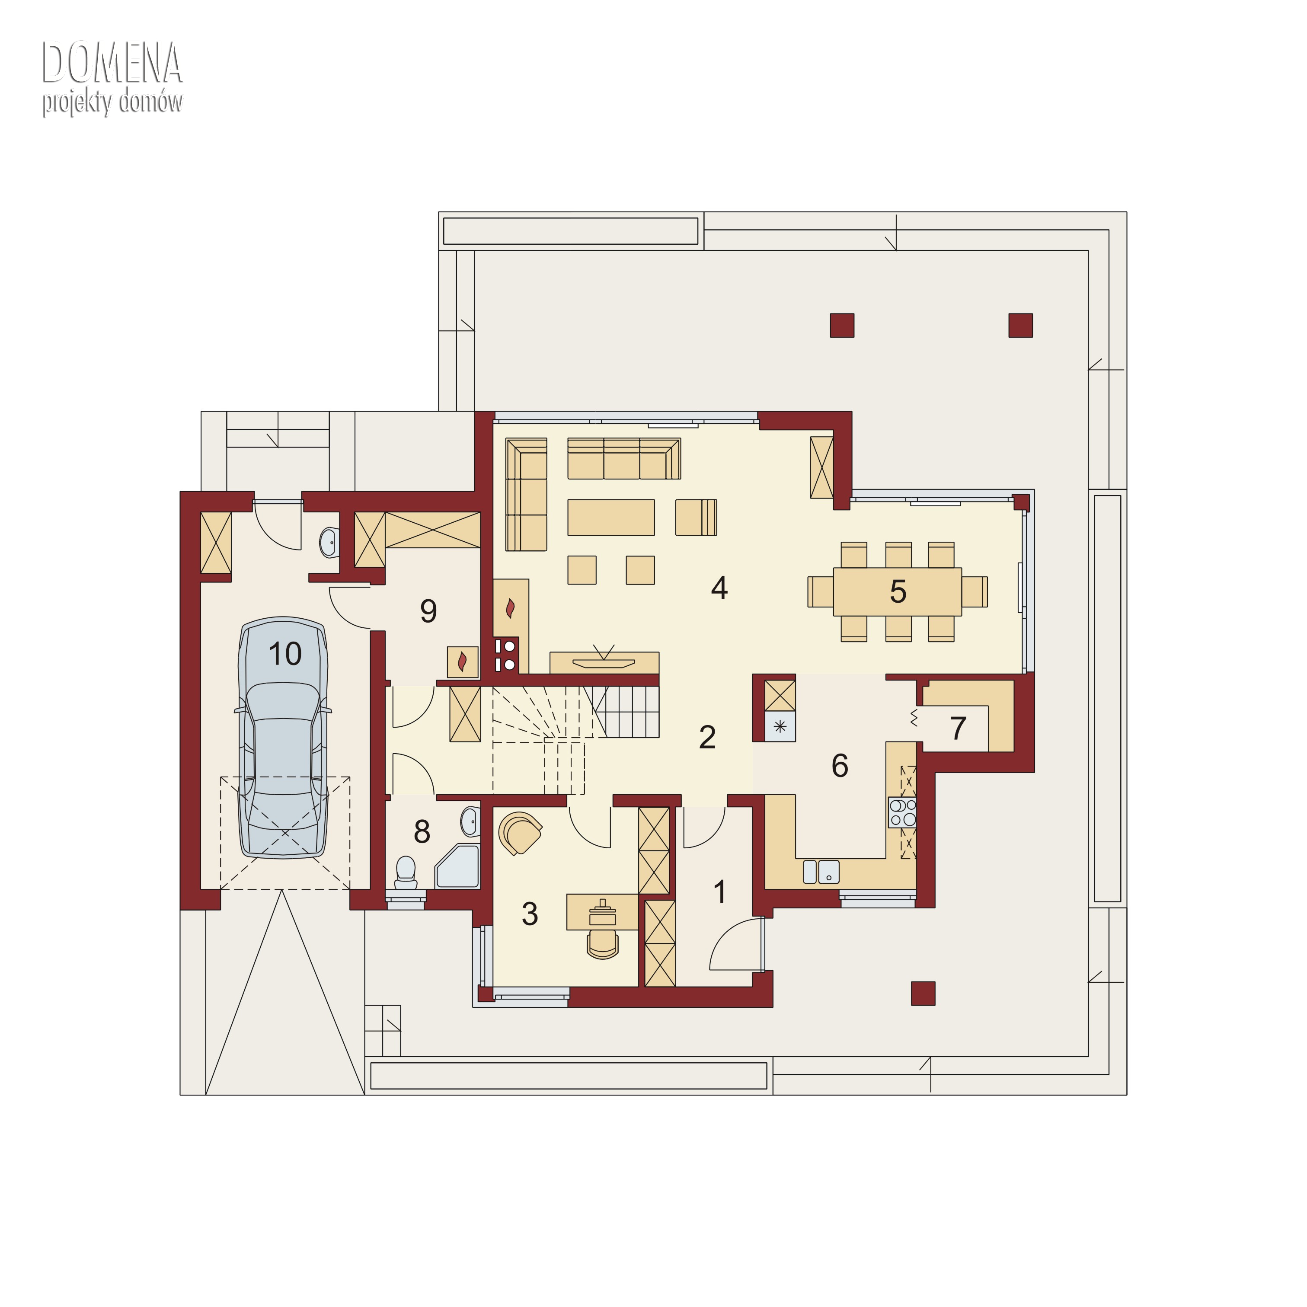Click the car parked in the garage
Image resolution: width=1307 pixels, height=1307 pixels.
(x=284, y=738)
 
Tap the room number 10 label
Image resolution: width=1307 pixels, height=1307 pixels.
(x=285, y=654)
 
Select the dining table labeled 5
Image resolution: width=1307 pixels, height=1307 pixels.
(x=898, y=592)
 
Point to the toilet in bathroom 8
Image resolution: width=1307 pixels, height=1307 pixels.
(x=406, y=872)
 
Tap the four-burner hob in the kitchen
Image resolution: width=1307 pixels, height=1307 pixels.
(x=902, y=812)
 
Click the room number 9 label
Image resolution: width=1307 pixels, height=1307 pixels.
(x=428, y=611)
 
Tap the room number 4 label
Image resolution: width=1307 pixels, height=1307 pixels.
(x=719, y=588)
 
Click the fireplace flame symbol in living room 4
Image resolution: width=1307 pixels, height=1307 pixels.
(x=511, y=607)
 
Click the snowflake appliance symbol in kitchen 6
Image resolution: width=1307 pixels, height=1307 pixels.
(x=780, y=727)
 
